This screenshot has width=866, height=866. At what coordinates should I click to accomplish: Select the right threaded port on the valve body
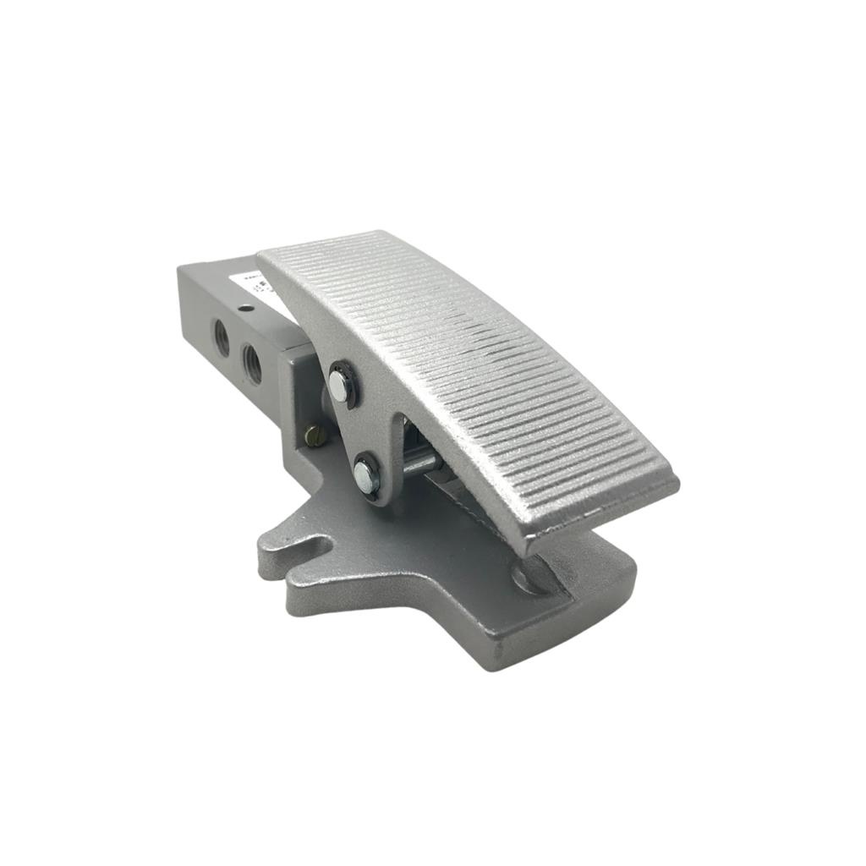point(252,362)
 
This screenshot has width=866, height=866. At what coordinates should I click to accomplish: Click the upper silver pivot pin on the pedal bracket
point(339,386)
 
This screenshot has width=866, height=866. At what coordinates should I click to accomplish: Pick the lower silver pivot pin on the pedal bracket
point(364,474)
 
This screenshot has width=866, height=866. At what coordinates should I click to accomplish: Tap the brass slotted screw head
point(315,436)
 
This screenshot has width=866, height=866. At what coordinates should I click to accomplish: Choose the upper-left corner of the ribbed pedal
point(260,254)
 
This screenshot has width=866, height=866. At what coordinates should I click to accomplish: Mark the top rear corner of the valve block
point(180,269)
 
